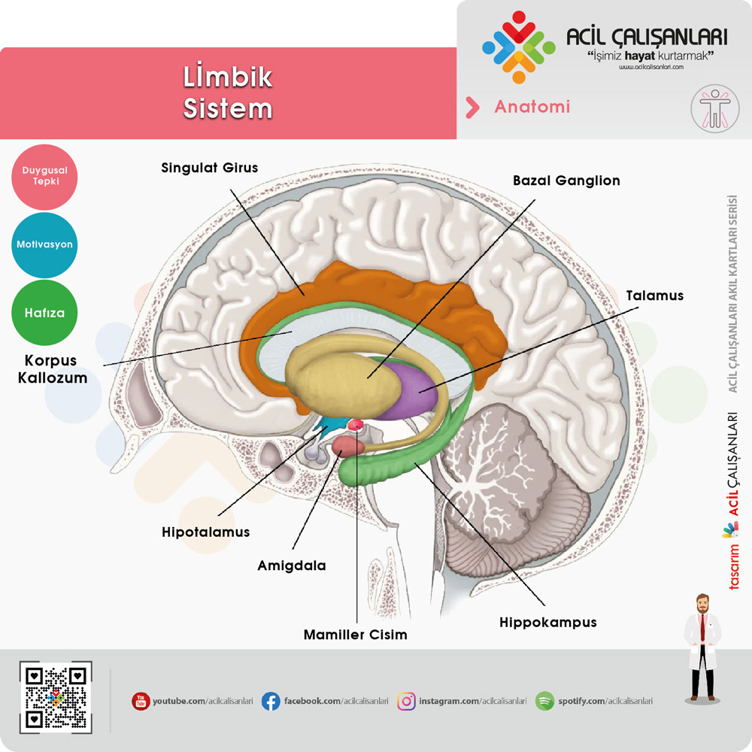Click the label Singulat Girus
click(x=209, y=168)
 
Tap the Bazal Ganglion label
click(x=566, y=181)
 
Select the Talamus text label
click(x=654, y=296)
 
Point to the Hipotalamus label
click(x=205, y=532)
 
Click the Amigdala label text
click(x=292, y=566)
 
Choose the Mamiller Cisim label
click(x=355, y=635)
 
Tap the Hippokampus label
click(x=547, y=623)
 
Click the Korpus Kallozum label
click(x=52, y=369)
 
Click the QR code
click(x=55, y=698)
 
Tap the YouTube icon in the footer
click(x=141, y=702)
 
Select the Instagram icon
click(x=406, y=702)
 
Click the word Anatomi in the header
click(x=532, y=107)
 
